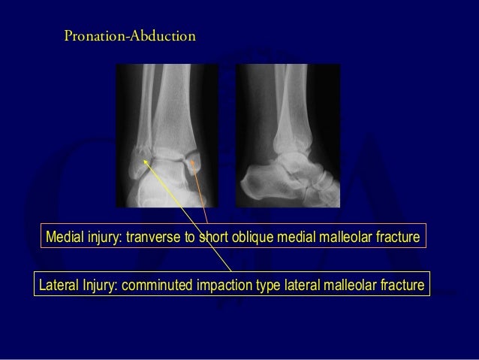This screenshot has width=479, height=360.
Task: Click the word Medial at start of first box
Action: (65, 239)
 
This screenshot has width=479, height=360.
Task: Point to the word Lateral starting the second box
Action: (59, 285)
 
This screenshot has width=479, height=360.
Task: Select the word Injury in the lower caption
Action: (98, 285)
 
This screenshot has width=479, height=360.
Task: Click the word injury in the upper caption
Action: (104, 239)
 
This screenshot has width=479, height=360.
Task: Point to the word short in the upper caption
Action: (217, 239)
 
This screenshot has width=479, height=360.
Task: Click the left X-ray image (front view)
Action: (166, 135)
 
